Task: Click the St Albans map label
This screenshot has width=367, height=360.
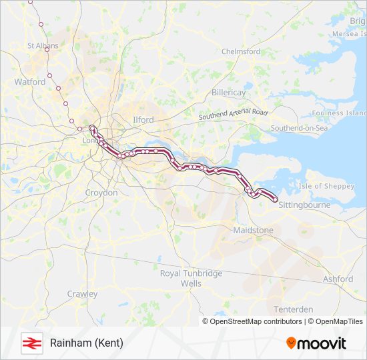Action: [x=43, y=46]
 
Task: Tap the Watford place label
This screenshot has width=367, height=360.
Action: [x=30, y=82]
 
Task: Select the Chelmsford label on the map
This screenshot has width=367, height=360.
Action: [x=240, y=51]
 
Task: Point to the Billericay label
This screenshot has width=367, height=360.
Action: [x=230, y=93]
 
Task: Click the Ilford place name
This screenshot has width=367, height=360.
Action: [x=143, y=120]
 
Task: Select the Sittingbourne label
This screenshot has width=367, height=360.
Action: [x=304, y=205]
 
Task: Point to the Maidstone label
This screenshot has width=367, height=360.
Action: [x=253, y=230]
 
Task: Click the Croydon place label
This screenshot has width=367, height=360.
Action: [x=101, y=193]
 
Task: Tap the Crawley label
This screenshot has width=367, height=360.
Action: [x=82, y=294]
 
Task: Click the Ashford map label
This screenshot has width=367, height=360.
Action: [x=338, y=279]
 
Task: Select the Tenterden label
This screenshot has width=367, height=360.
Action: [x=294, y=309]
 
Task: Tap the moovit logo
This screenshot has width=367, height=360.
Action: [x=316, y=343]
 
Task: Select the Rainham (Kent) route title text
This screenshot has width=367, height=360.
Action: [x=87, y=343]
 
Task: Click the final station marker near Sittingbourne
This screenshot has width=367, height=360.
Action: [x=275, y=199]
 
